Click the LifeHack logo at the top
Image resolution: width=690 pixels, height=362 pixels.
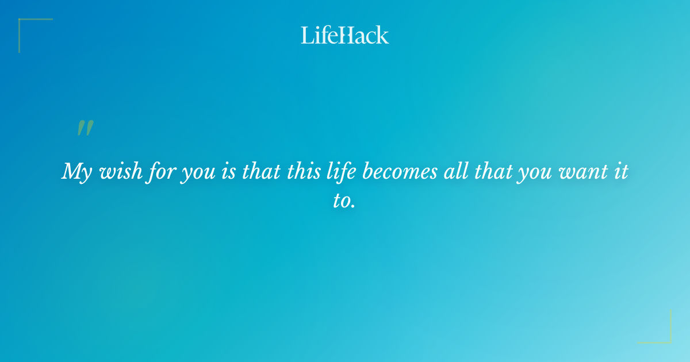point(345,35)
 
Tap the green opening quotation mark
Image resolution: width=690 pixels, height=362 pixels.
point(85,128)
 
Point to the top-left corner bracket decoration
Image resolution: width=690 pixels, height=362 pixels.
point(23,23)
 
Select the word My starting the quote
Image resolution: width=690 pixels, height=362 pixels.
point(76,172)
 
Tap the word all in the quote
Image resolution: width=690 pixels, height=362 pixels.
point(454,171)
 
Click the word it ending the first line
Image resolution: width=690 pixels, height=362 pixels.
point(621,171)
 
